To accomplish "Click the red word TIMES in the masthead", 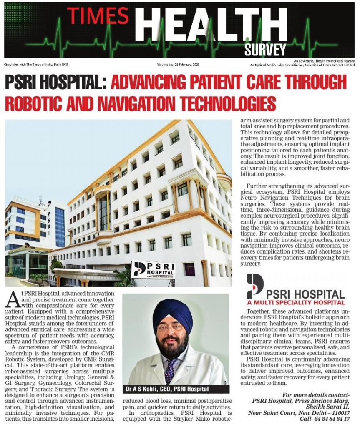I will [x=98, y=15].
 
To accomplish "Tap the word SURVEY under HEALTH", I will [x=265, y=50].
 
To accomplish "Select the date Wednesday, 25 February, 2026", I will [x=181, y=65].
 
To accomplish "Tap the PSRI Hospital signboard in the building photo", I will [x=152, y=270].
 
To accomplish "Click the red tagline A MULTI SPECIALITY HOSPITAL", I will [x=296, y=302].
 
